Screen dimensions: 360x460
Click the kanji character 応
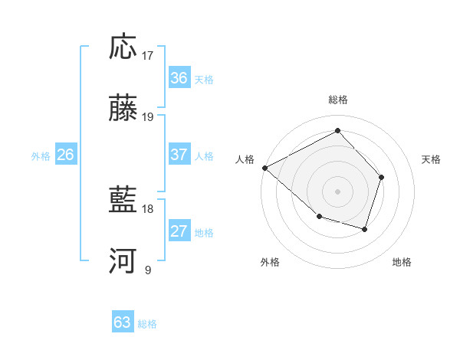(123, 47)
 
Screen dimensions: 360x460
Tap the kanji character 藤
(123, 109)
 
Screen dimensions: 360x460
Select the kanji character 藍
(123, 201)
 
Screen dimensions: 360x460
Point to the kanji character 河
(123, 261)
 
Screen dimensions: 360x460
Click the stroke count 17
(148, 55)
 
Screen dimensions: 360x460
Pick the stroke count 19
(148, 117)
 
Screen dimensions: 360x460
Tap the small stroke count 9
(148, 270)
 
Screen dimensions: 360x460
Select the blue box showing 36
(179, 78)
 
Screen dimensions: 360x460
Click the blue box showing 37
(179, 155)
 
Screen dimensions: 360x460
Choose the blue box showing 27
(179, 231)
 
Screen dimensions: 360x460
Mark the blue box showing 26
(65, 155)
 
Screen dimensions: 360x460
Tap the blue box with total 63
(123, 322)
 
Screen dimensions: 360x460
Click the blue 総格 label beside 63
(147, 324)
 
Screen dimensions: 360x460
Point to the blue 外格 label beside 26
(41, 156)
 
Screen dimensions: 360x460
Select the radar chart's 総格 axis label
(337, 100)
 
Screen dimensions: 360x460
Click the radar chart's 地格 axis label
(402, 263)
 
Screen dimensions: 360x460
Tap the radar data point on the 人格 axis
(264, 168)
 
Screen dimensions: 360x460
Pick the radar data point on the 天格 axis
(381, 177)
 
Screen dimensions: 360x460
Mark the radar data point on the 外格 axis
(319, 217)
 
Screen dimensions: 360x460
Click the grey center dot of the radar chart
(337, 191)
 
